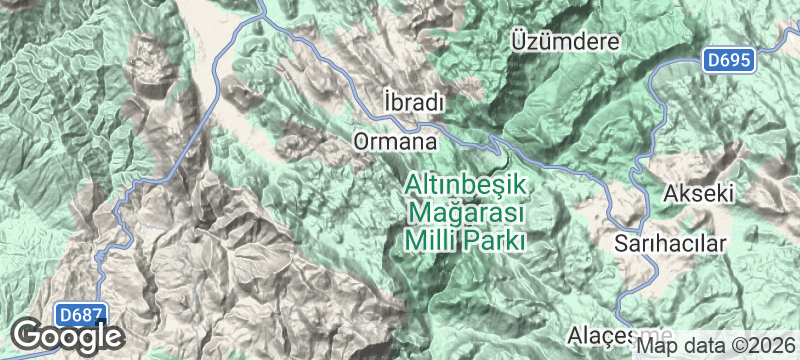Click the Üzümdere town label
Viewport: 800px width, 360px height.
(565, 41)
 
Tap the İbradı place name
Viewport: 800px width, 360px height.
(413, 103)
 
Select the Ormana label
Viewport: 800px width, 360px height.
(396, 142)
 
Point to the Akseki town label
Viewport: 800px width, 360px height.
(700, 192)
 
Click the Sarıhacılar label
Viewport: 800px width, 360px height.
(668, 243)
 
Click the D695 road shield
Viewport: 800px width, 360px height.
(725, 60)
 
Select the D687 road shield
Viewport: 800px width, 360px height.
(79, 315)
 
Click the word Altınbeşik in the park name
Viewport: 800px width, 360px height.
(467, 185)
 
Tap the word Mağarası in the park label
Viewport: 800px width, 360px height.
(467, 212)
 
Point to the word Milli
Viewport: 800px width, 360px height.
(429, 240)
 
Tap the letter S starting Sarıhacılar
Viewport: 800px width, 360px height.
(621, 243)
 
